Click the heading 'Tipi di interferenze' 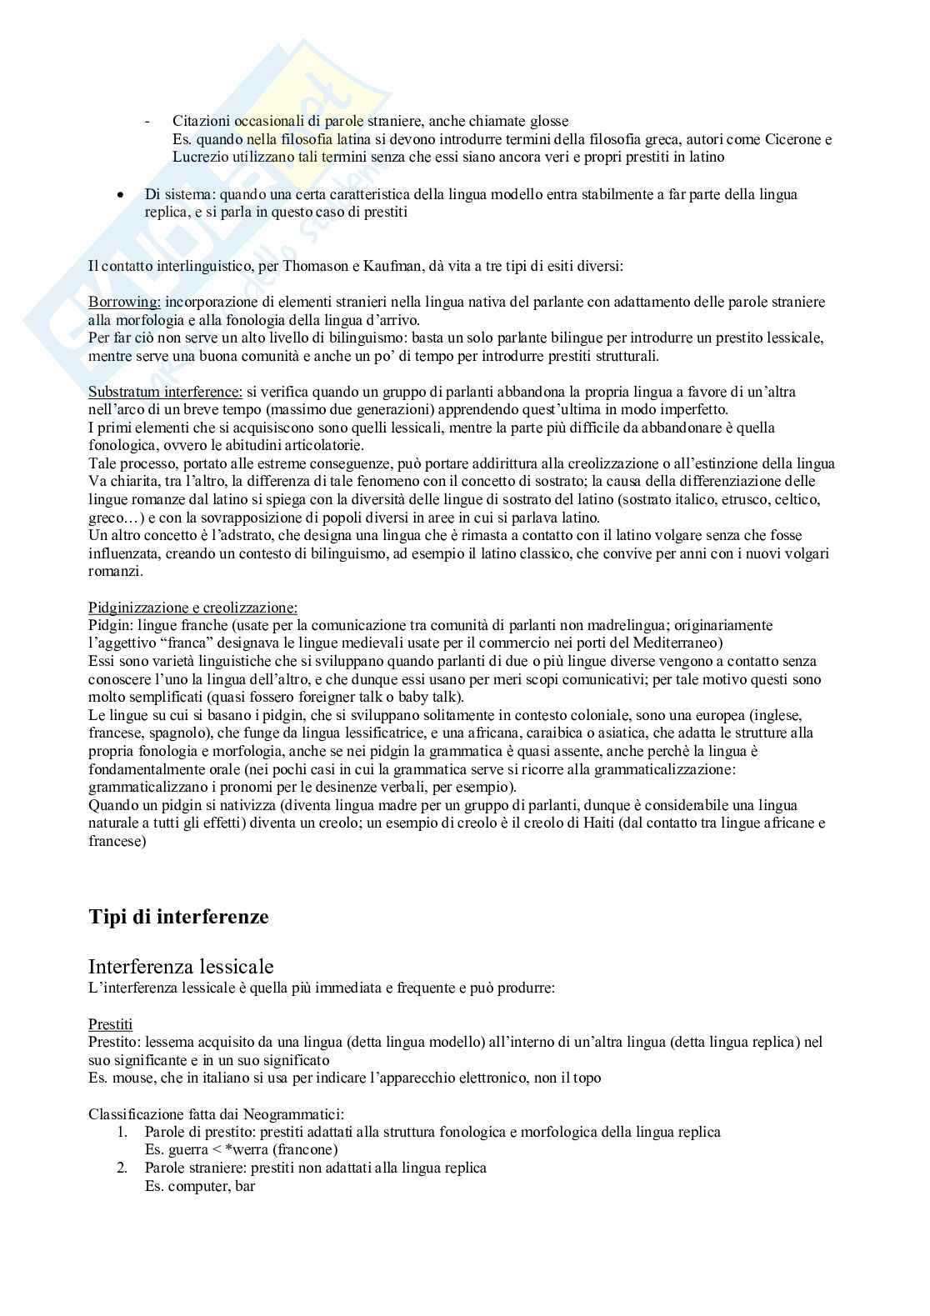point(178,917)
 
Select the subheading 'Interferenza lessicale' point(181,967)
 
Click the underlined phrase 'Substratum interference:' point(166,392)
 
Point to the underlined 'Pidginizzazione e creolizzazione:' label point(192,608)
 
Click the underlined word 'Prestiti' point(110,1023)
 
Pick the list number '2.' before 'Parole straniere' point(122,1168)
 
